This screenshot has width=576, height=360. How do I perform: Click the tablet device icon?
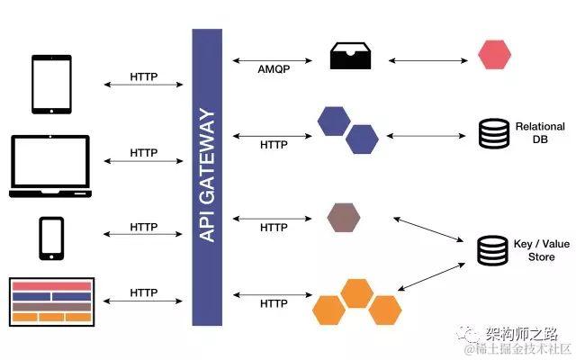pyautogui.click(x=50, y=85)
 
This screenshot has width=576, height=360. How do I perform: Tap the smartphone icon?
pyautogui.click(x=50, y=238)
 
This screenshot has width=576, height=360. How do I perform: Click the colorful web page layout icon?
pyautogui.click(x=50, y=301)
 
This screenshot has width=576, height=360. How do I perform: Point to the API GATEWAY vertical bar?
pyautogui.click(x=207, y=176)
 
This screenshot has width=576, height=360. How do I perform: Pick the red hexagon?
pyautogui.click(x=494, y=55)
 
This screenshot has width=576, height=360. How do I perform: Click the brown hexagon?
pyautogui.click(x=343, y=218)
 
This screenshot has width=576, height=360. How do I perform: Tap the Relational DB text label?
pyautogui.click(x=540, y=133)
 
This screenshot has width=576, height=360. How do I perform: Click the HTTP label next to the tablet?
pyautogui.click(x=144, y=77)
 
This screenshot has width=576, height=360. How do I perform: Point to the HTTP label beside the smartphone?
pyautogui.click(x=144, y=227)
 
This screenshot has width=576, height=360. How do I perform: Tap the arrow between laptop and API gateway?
pyautogui.click(x=144, y=161)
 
